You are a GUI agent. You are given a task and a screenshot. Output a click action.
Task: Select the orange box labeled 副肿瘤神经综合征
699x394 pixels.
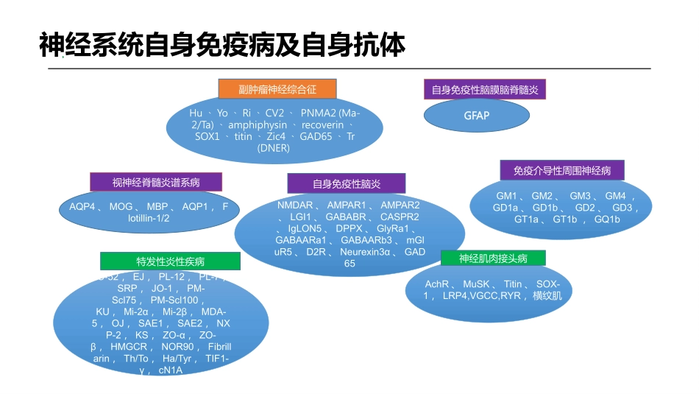point(277,89)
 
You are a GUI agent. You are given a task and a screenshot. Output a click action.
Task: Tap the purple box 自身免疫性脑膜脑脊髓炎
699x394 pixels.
point(485,90)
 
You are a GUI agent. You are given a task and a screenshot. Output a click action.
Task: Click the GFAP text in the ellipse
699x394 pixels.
point(477,116)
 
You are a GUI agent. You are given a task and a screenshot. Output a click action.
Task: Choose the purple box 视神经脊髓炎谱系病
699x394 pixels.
point(156,182)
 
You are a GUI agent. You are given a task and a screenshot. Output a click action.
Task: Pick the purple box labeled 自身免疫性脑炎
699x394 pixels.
point(346,183)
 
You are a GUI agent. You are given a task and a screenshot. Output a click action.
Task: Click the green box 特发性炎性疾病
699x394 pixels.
point(170,261)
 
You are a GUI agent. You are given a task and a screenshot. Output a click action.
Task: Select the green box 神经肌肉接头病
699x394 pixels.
point(493,258)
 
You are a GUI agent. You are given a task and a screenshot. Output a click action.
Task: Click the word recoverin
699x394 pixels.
point(322,125)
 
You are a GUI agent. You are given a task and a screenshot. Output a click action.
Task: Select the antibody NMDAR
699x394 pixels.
point(295,205)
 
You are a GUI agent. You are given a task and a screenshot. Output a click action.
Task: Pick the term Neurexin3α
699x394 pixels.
point(365,252)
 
